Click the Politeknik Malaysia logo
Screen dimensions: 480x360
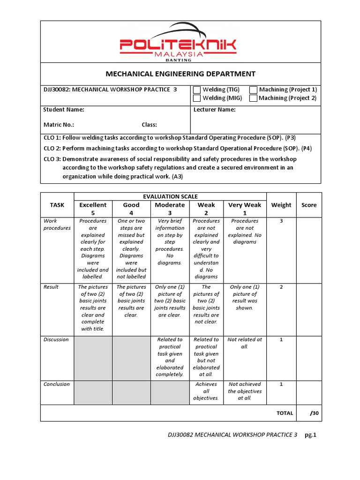[178, 44]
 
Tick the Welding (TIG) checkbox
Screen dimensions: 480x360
[197, 90]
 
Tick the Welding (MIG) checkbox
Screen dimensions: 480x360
[197, 98]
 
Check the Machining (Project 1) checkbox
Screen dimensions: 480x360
[254, 90]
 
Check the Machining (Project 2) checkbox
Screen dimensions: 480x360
[253, 98]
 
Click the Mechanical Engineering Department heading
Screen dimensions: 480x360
[180, 74]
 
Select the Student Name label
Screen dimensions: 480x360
[64, 110]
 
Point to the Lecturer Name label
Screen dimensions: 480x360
[214, 110]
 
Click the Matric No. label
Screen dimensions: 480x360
[59, 125]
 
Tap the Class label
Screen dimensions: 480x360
[149, 125]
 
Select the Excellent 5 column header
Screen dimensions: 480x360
[93, 209]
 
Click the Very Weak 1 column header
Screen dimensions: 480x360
[244, 209]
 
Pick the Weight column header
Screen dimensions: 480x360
[281, 205]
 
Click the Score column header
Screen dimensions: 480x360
[309, 205]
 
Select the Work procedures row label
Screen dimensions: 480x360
[57, 225]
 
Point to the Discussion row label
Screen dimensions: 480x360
[56, 339]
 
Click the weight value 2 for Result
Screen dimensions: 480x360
[281, 287]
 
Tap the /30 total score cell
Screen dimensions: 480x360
[314, 413]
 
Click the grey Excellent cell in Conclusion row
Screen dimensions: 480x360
[93, 392]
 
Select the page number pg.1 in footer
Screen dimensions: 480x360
[311, 435]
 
